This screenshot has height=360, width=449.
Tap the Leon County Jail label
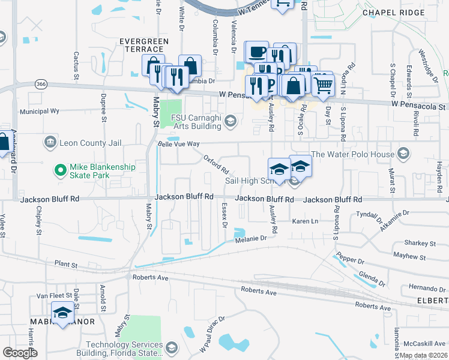[82, 142]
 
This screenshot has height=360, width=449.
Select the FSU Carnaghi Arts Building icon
[229, 122]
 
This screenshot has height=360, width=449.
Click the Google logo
[20, 353]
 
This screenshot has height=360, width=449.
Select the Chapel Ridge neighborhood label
[390, 12]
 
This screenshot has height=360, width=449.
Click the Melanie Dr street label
[250, 238]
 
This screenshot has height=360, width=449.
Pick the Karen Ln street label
[304, 221]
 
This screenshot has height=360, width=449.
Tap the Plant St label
[66, 264]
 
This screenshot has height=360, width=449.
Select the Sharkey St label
[420, 243]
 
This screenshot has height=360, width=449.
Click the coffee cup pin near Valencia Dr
[257, 52]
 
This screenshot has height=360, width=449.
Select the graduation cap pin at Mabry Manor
[62, 313]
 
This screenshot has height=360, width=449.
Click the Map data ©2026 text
[423, 355]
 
